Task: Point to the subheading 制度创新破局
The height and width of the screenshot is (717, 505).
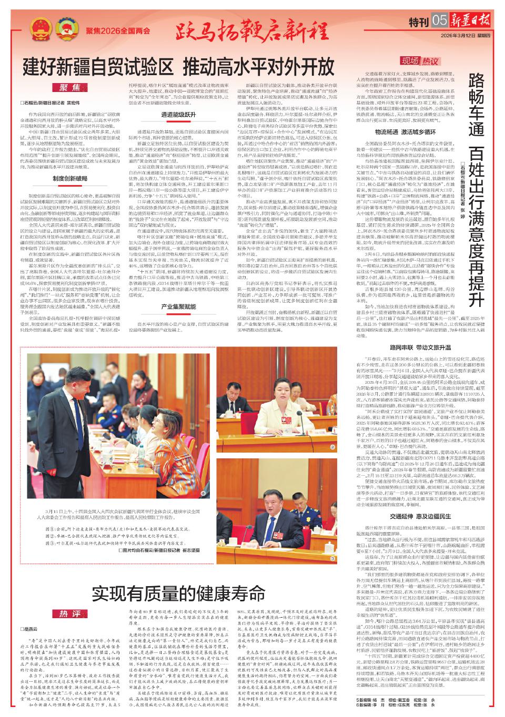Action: coord(70,178)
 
